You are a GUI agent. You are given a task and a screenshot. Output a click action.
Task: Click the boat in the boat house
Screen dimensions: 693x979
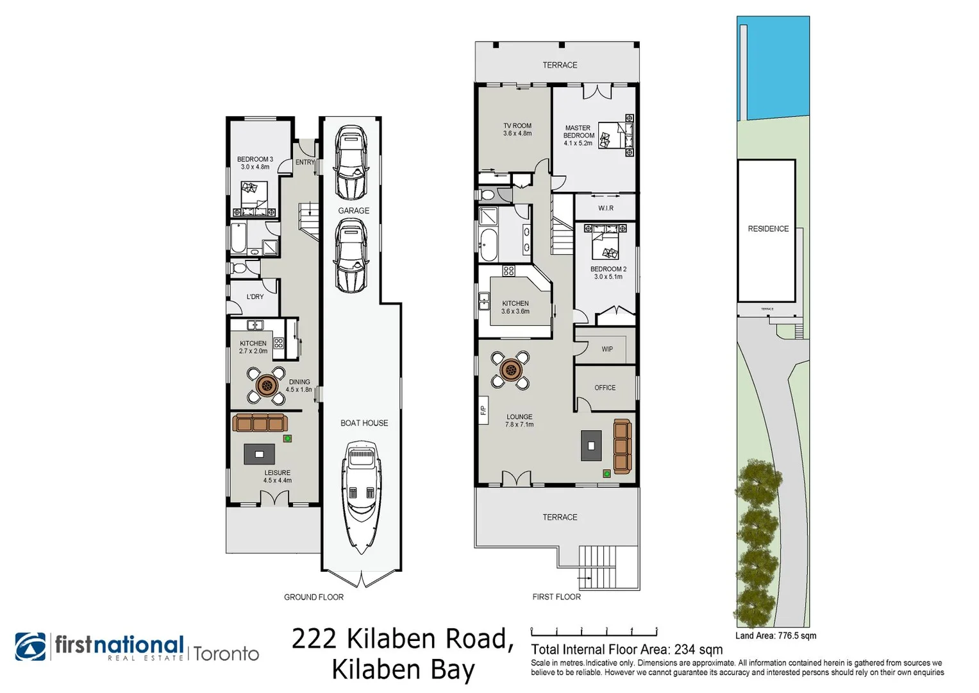click(x=362, y=497)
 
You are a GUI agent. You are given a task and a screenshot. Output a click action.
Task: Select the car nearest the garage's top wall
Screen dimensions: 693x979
click(x=351, y=162)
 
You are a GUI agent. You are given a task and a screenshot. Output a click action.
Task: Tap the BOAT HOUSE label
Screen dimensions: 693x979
click(x=364, y=423)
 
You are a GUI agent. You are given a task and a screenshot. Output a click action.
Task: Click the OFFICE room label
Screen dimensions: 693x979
click(x=605, y=388)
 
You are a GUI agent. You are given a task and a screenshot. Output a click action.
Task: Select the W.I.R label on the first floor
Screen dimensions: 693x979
click(x=605, y=208)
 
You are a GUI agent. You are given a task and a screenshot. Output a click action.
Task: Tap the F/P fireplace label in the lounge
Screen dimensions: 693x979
click(x=483, y=410)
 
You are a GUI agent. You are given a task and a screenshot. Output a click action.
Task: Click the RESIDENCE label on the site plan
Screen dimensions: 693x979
click(x=767, y=228)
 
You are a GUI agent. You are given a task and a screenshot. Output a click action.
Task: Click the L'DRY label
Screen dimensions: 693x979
click(x=255, y=296)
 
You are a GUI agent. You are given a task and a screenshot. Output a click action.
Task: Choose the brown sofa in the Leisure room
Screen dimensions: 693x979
click(x=260, y=423)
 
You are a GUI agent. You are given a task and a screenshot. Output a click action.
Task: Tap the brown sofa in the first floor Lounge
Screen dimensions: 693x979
click(x=622, y=446)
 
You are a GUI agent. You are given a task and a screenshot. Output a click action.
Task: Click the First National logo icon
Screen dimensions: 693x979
click(x=30, y=646)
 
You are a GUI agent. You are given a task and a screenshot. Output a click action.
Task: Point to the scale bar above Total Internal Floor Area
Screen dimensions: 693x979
click(x=594, y=631)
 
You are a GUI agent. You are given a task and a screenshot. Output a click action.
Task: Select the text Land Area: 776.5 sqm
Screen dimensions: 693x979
click(x=776, y=636)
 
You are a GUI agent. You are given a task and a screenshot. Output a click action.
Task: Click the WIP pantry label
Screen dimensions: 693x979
click(x=607, y=349)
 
